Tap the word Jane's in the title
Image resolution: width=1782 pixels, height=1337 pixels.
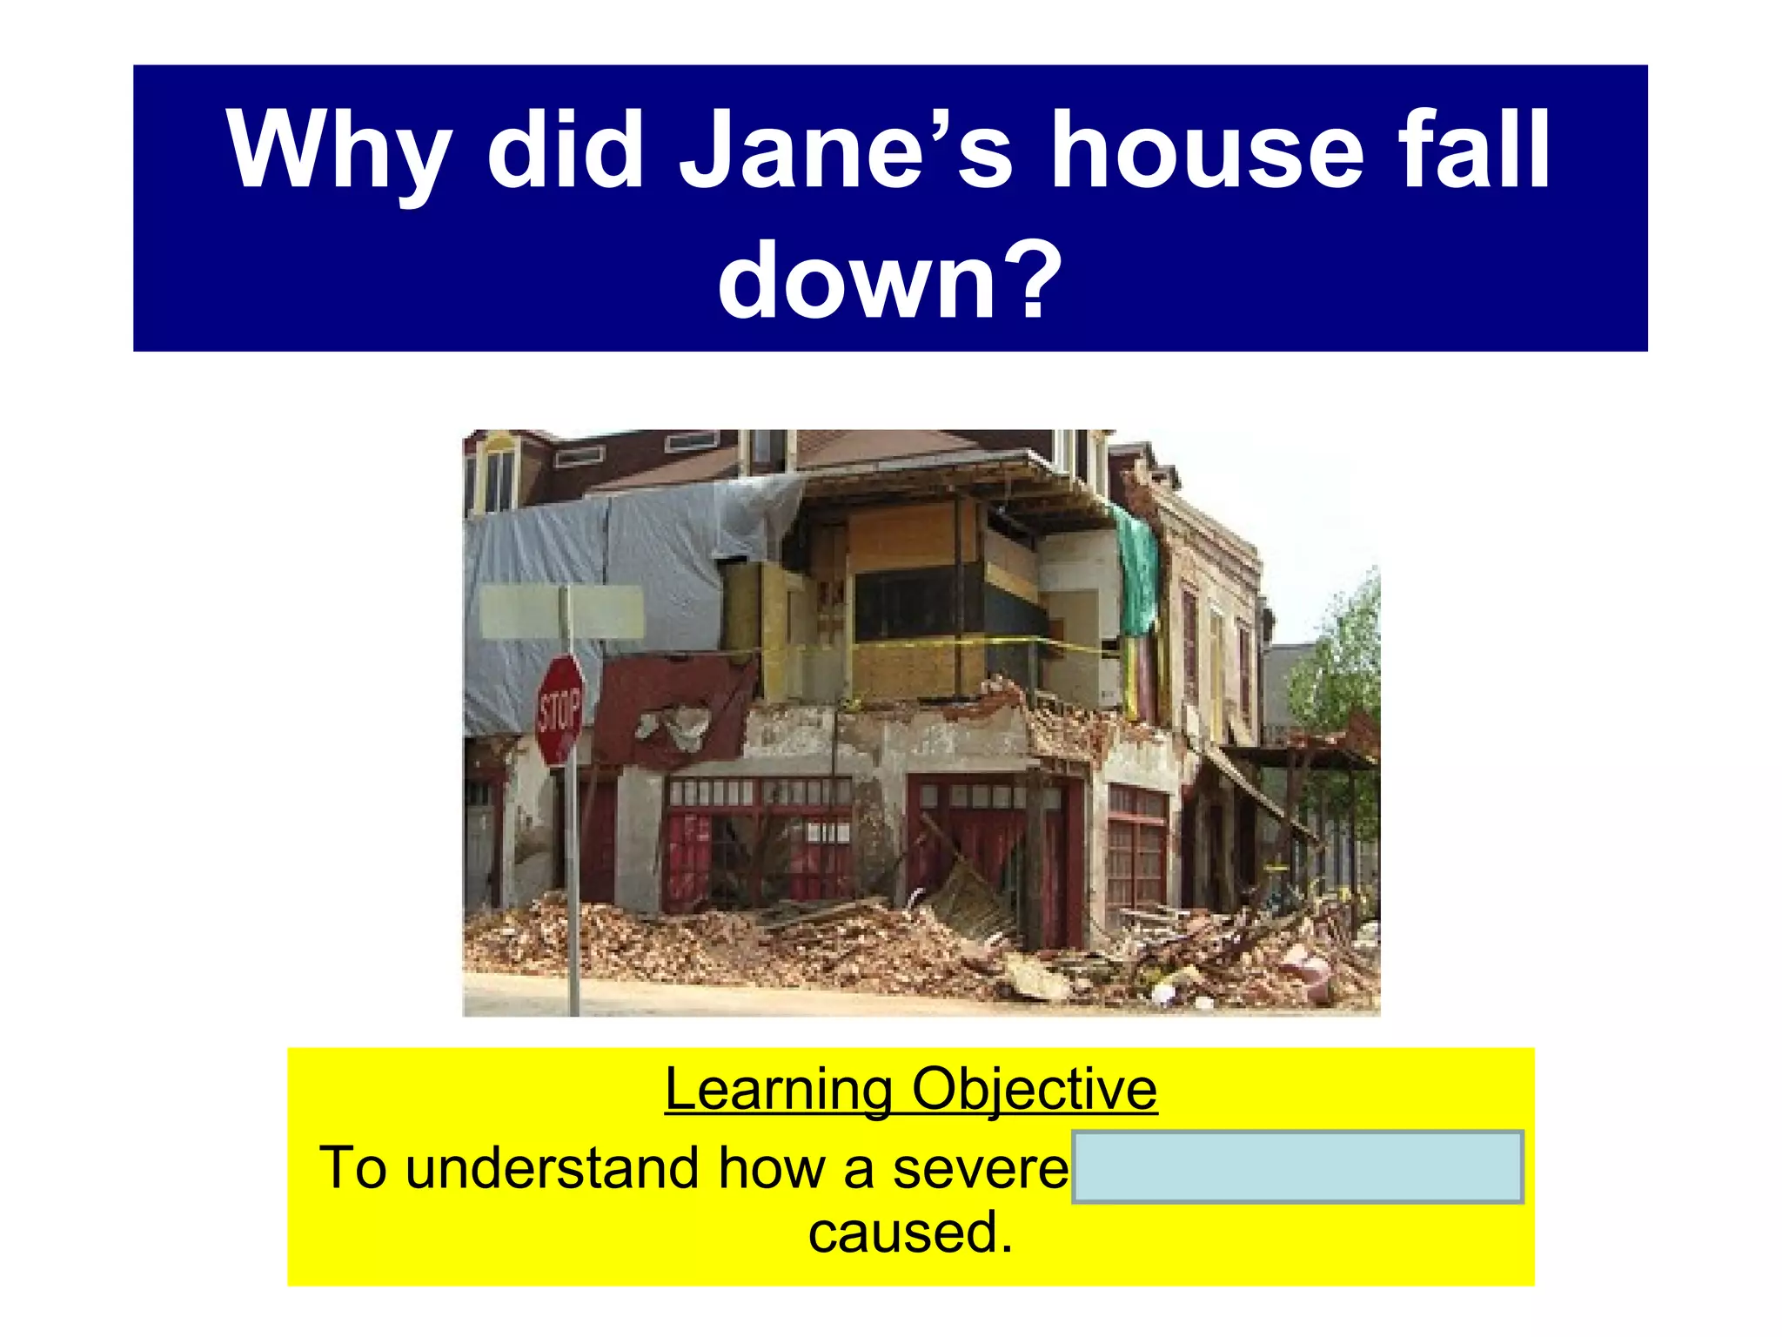844,150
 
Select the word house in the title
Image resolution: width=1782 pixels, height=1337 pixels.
1205,150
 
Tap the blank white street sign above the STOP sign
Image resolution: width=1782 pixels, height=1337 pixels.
562,612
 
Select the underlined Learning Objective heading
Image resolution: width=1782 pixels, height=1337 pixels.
910,1089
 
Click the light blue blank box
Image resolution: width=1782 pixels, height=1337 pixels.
1296,1167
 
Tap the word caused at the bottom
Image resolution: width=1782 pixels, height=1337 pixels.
910,1233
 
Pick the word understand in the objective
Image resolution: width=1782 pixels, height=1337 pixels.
552,1167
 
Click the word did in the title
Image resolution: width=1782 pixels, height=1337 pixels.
565,150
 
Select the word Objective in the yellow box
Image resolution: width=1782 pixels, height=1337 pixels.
1034,1089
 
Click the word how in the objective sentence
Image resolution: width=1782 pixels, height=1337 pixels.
771,1167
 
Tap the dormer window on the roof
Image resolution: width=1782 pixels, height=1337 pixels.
500,474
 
